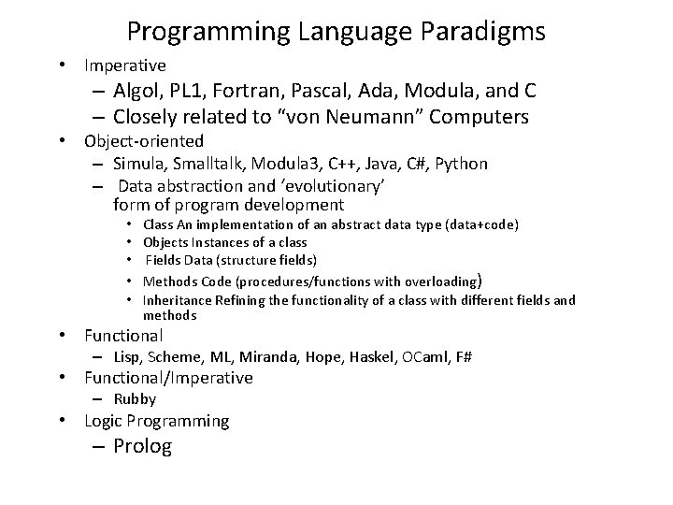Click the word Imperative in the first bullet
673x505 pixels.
pyautogui.click(x=125, y=65)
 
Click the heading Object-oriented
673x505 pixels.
pyautogui.click(x=144, y=141)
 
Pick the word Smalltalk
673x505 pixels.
pyautogui.click(x=207, y=164)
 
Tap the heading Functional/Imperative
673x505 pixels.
pyautogui.click(x=168, y=378)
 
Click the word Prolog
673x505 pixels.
pyautogui.click(x=142, y=446)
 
